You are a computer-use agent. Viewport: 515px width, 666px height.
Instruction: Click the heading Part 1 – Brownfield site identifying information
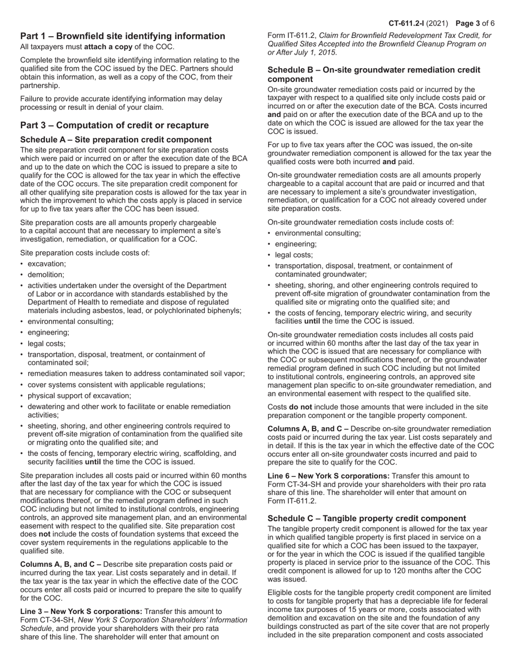click(123, 36)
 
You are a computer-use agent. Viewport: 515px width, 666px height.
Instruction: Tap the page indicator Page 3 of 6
click(475, 23)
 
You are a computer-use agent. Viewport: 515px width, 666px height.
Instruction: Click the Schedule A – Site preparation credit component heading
click(116, 140)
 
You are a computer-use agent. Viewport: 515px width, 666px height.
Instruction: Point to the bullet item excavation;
click(47, 264)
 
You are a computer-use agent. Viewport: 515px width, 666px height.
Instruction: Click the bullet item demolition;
click(46, 275)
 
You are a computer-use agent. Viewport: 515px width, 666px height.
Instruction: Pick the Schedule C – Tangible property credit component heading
click(366, 518)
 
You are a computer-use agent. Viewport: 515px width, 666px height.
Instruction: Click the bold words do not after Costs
click(300, 407)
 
